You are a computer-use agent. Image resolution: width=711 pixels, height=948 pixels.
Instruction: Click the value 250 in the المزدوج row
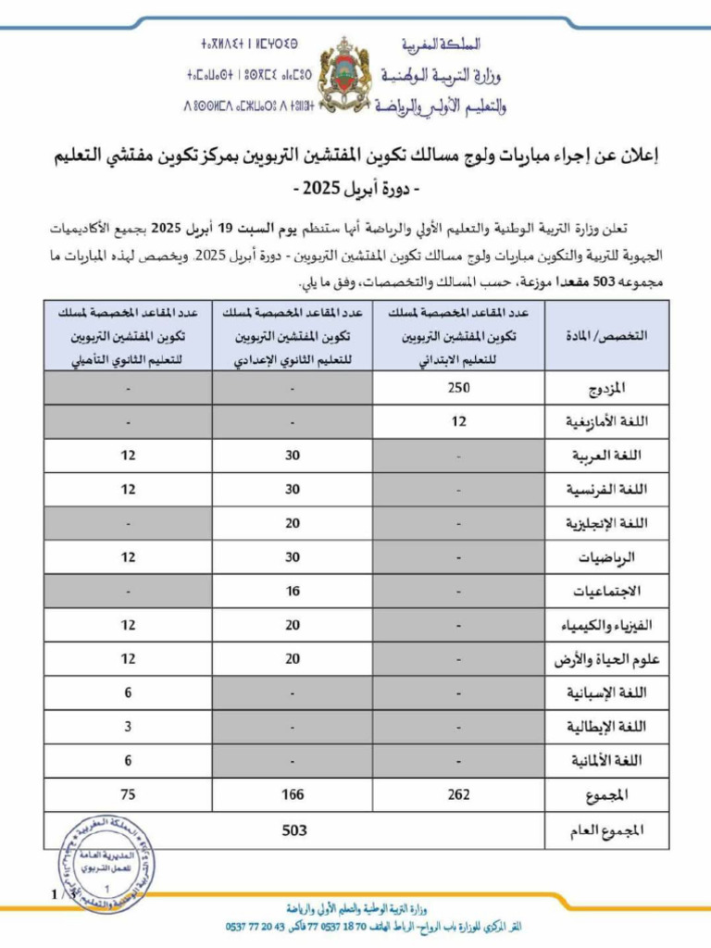(x=459, y=389)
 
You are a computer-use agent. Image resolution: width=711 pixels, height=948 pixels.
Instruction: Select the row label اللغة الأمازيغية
(x=606, y=423)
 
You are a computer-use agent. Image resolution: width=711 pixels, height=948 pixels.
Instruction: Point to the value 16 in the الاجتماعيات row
(x=293, y=592)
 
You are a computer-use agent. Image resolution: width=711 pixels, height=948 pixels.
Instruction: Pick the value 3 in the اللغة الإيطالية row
(x=128, y=727)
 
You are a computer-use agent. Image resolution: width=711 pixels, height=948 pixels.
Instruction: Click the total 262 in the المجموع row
(x=459, y=794)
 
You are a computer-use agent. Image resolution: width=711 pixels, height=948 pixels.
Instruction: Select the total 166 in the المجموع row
(x=293, y=794)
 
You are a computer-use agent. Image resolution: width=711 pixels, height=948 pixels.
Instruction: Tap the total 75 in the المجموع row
(x=128, y=794)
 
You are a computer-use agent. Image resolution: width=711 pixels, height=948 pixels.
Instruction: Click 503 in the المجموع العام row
(x=293, y=830)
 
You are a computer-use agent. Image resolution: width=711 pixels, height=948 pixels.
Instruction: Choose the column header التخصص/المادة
(x=606, y=337)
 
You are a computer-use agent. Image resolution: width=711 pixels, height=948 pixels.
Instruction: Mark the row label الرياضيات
(x=615, y=558)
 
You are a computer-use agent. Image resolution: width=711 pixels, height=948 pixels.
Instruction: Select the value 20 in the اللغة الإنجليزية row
(x=293, y=524)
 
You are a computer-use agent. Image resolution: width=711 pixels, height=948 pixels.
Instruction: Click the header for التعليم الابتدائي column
(x=459, y=337)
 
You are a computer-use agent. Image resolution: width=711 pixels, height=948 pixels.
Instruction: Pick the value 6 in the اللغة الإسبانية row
(x=128, y=693)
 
